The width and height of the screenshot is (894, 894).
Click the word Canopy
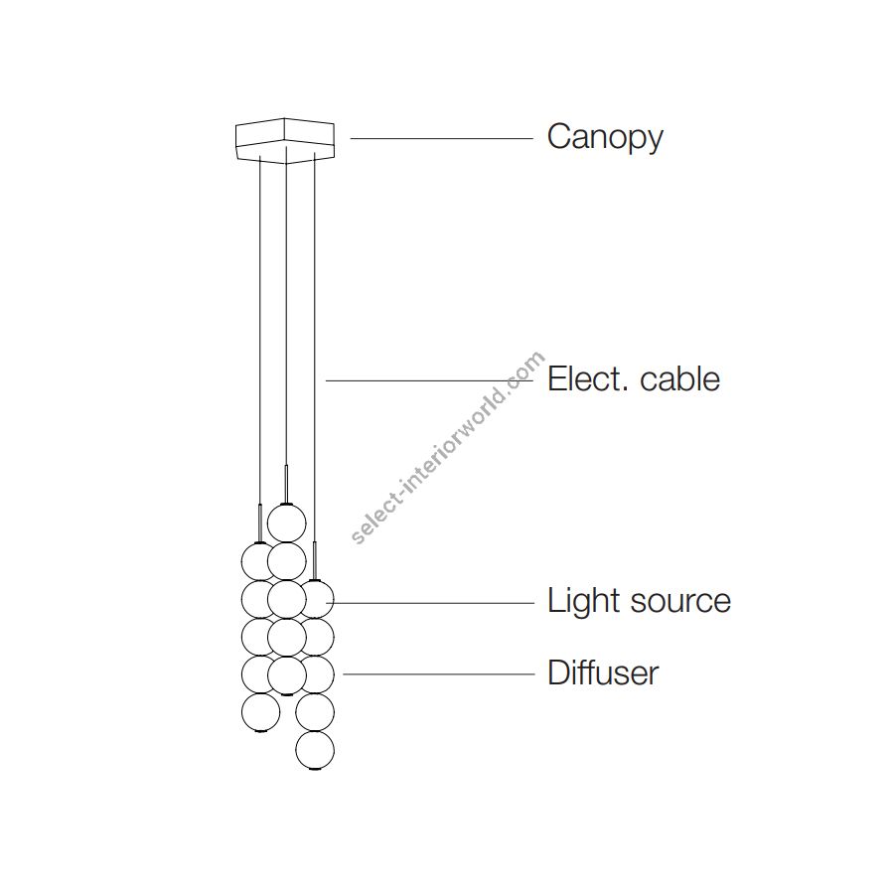point(605,137)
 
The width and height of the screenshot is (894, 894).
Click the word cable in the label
point(680,378)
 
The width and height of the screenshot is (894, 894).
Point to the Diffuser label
point(603,672)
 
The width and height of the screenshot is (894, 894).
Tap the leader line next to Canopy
point(441,138)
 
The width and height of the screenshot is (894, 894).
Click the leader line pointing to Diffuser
point(438,673)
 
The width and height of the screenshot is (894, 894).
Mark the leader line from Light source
point(433,602)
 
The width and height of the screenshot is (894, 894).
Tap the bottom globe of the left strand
point(261,711)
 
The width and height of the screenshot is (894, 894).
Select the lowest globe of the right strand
point(315,750)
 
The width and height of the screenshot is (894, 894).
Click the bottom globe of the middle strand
point(286,675)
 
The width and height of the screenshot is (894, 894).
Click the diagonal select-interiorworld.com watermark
point(449,447)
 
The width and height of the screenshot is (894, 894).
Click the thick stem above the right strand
point(314,560)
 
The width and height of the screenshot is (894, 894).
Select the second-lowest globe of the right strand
point(315,712)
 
